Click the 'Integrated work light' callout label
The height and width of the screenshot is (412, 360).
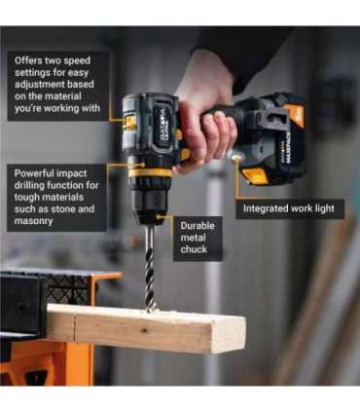click(x=289, y=208)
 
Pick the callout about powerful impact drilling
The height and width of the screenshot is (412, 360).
click(x=57, y=197)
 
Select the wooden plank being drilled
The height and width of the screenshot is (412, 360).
click(x=146, y=328)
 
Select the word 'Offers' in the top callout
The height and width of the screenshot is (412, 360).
click(x=29, y=60)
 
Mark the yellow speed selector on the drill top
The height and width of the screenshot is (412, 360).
click(x=128, y=119)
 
